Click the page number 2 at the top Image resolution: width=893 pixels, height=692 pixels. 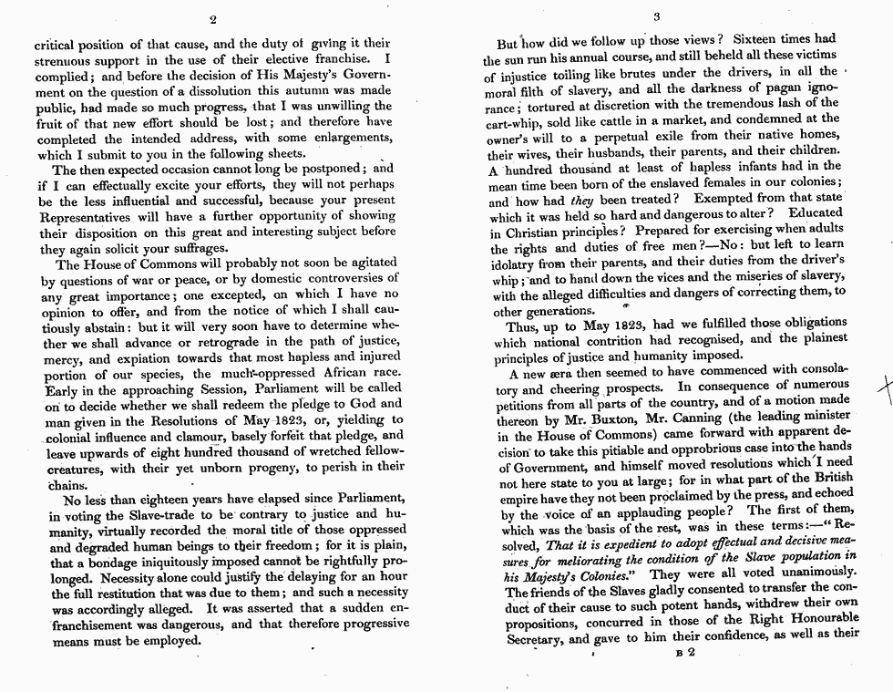tap(211, 19)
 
